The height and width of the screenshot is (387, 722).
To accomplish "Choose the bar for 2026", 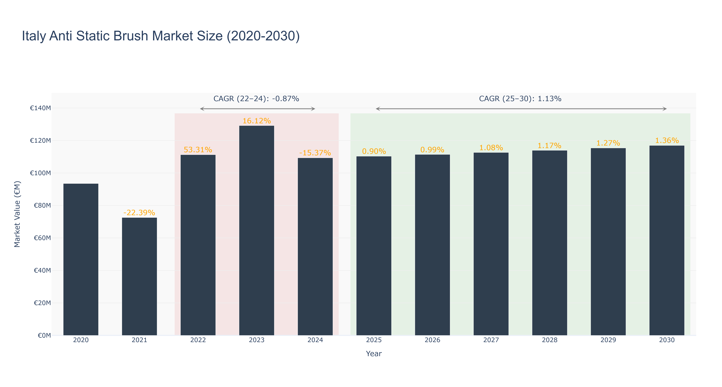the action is tap(432, 245).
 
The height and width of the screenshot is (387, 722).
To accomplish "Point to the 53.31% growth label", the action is tap(198, 150).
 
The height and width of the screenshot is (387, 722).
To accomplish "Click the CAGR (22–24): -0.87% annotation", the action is tap(256, 99).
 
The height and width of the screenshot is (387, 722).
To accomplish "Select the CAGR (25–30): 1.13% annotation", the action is tap(520, 99).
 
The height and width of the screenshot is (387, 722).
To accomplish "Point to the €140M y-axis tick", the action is tap(40, 108).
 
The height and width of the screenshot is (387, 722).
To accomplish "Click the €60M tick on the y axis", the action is tap(42, 238).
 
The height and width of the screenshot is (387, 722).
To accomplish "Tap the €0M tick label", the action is tap(44, 335).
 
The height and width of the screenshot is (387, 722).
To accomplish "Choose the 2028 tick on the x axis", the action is tap(550, 340).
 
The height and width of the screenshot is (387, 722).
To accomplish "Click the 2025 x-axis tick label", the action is tap(374, 340).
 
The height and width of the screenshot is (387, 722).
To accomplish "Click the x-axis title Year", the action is tap(374, 354).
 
